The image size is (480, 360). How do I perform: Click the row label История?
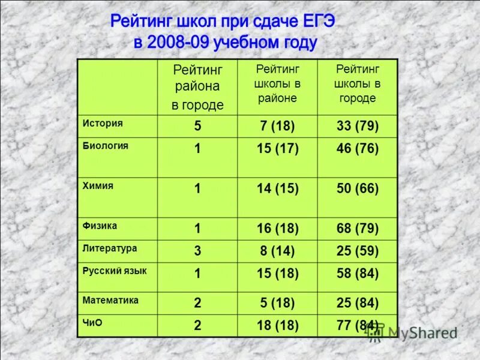[103, 123]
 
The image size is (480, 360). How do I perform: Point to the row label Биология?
[106, 145]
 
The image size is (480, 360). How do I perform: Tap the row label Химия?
[98, 186]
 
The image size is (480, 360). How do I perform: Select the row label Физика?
[100, 226]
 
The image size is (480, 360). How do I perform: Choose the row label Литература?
[110, 248]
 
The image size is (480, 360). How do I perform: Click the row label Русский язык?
[115, 271]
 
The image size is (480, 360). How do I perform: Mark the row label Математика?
[111, 300]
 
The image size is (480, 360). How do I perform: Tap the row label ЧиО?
[92, 322]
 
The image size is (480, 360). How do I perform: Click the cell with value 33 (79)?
[357, 127]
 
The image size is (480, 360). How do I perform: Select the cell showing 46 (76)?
[357, 149]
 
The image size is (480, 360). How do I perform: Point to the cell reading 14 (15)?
[277, 189]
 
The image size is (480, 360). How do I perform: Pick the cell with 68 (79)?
[357, 229]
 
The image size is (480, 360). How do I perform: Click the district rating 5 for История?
[197, 127]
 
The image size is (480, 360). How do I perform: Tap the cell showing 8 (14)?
[277, 251]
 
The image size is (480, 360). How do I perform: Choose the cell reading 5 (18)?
[277, 304]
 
